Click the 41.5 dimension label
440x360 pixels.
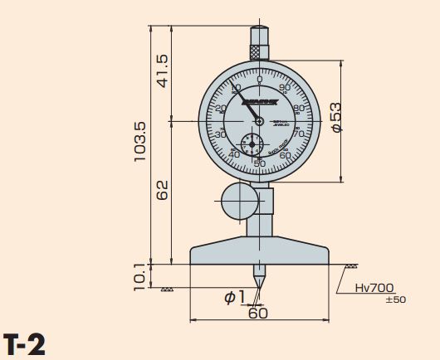[x=163, y=71]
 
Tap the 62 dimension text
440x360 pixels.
[x=163, y=190]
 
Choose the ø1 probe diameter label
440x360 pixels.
[x=235, y=297]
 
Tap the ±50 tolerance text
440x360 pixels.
[x=395, y=299]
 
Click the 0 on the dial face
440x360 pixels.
[x=260, y=80]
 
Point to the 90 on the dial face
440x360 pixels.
[x=286, y=88]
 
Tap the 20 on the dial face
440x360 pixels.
[x=220, y=109]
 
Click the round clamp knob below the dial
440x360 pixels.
[x=239, y=198]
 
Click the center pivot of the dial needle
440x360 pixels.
[x=260, y=121]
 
